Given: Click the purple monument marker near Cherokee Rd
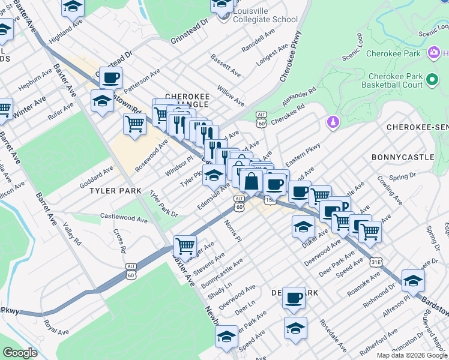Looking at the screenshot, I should [331, 123].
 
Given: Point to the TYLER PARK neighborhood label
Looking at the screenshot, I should [115, 191].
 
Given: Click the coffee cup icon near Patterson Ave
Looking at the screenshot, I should [110, 77].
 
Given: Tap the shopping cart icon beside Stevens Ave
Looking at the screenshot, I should [185, 245].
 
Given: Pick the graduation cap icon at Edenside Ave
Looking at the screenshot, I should [214, 175].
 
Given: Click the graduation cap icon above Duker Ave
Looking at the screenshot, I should [303, 227].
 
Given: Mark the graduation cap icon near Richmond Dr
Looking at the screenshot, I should [413, 280].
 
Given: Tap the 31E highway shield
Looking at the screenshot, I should [376, 262].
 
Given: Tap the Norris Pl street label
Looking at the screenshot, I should [232, 230].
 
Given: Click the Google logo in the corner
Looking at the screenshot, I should [20, 353].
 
